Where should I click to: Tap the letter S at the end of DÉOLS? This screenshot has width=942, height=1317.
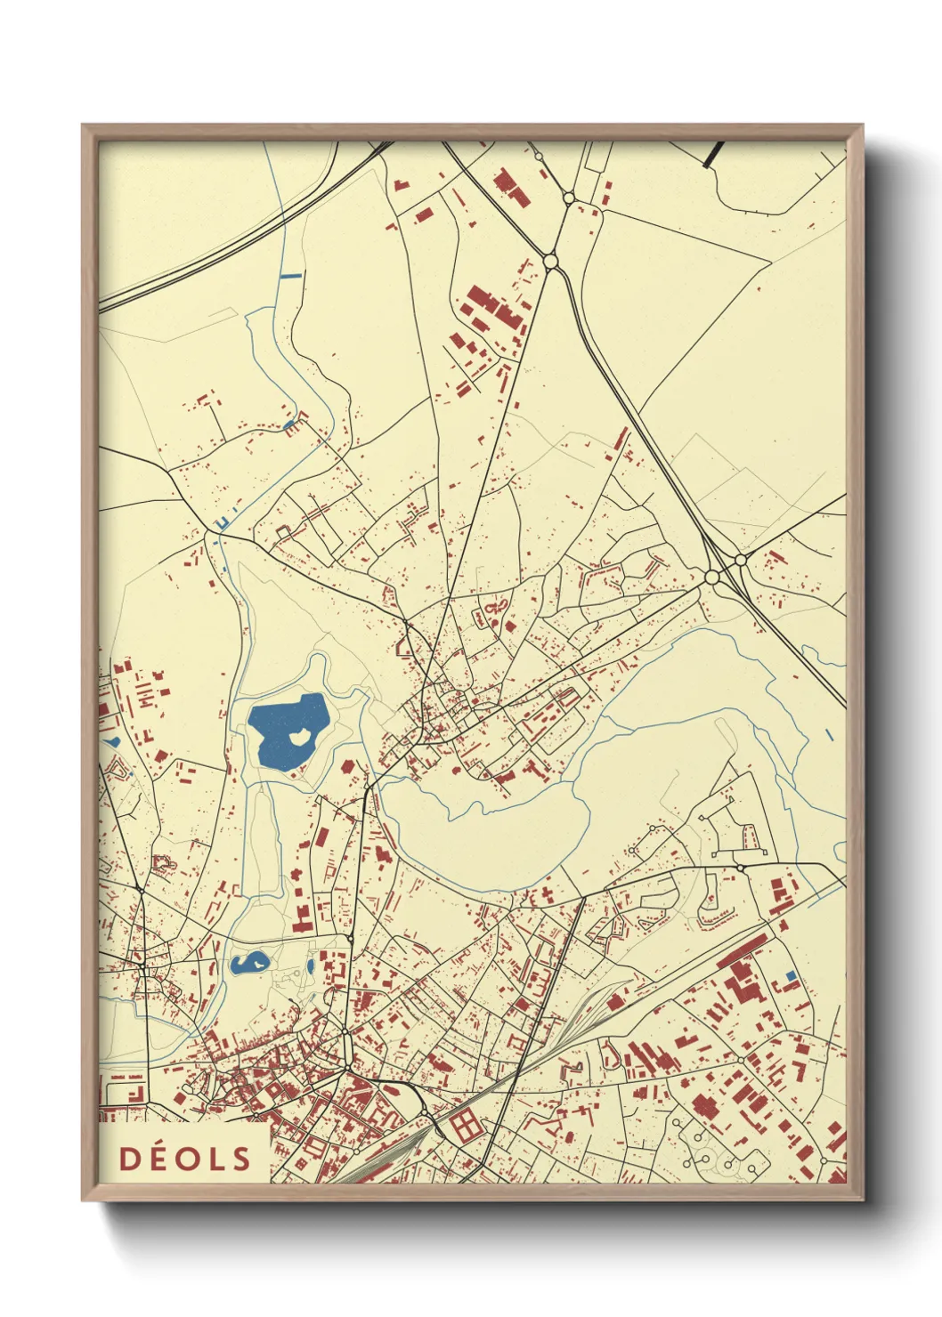point(240,1159)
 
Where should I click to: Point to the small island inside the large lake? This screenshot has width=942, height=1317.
point(301,736)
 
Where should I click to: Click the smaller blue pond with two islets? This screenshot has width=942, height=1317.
point(248,962)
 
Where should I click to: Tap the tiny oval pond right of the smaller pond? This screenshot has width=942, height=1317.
point(310,966)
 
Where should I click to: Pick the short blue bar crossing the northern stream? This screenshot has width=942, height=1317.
point(291,277)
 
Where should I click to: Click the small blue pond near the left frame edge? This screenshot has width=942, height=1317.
point(112,740)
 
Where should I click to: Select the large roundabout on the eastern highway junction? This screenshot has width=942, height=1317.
point(712,578)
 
